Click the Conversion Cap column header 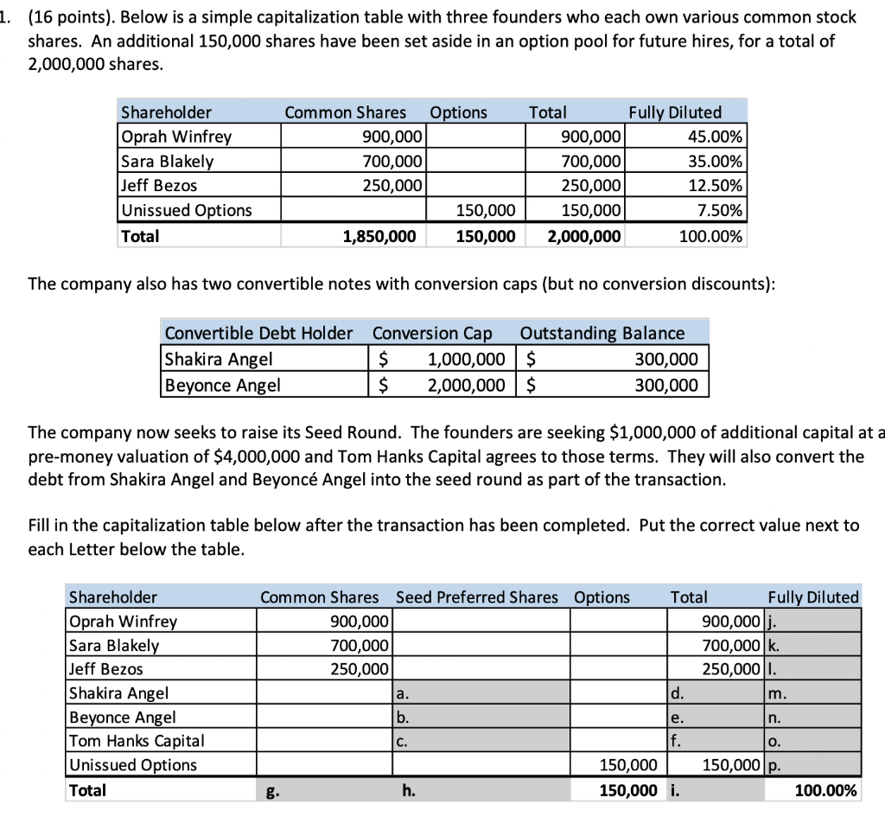432,334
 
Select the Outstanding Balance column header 602,334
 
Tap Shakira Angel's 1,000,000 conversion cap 468,359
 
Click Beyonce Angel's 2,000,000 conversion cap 468,385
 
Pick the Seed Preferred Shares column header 477,597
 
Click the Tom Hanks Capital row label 137,741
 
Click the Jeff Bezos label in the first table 159,185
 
